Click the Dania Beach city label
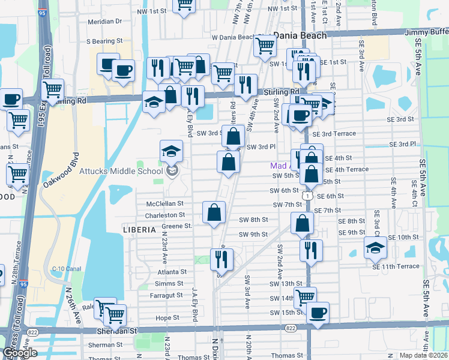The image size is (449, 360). [x=300, y=35]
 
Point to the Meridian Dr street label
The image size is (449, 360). [x=104, y=21]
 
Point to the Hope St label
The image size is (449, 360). [x=167, y=317]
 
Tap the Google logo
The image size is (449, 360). [x=19, y=353]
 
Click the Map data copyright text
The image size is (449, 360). [x=424, y=355]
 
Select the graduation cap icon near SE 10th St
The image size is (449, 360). [x=375, y=247]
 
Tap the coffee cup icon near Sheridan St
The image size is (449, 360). [x=317, y=312]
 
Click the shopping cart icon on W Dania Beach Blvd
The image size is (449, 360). [x=264, y=44]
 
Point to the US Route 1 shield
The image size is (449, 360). [x=307, y=196]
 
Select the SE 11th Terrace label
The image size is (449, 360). [x=396, y=266]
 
